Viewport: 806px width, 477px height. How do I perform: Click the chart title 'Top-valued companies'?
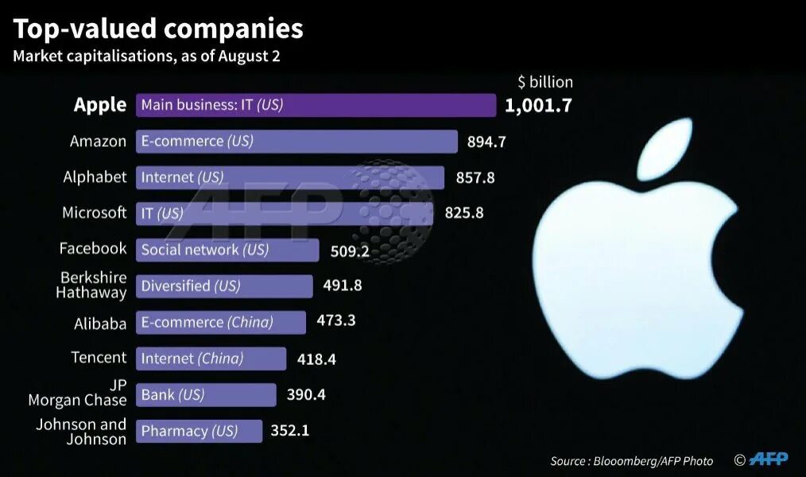(x=158, y=29)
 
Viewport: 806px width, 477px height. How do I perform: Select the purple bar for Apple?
(x=316, y=105)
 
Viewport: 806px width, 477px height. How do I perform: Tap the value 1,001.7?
(x=538, y=105)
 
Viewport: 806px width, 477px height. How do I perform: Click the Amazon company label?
(x=98, y=142)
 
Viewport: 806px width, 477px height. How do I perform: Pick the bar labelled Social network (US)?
(x=227, y=250)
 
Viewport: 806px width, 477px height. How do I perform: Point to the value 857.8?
(x=475, y=177)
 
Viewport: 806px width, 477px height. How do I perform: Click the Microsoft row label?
(x=94, y=213)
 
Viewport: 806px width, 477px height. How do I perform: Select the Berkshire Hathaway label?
(x=91, y=285)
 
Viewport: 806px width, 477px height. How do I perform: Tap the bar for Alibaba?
(x=220, y=322)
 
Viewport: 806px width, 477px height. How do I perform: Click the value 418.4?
(x=316, y=359)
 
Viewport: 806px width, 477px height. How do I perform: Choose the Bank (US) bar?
(x=206, y=394)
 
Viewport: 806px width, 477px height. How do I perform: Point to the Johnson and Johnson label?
(x=81, y=432)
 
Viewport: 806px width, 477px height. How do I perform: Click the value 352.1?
(x=289, y=431)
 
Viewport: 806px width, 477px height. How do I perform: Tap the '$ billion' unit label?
(x=544, y=82)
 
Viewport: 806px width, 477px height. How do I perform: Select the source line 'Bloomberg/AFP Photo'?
(x=632, y=461)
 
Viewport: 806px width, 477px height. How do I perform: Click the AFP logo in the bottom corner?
(x=769, y=460)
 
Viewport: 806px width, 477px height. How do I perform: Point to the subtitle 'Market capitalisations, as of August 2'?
(x=146, y=56)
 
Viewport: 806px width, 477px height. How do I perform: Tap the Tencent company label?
(x=99, y=358)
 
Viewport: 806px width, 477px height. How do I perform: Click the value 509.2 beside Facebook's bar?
(x=350, y=251)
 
